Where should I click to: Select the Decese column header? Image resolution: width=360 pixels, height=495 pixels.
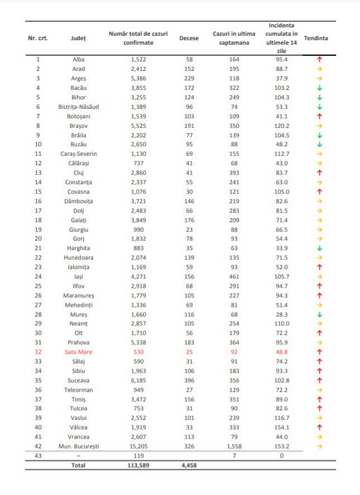pyautogui.click(x=188, y=39)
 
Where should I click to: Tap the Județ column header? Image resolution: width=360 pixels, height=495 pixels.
pyautogui.click(x=79, y=39)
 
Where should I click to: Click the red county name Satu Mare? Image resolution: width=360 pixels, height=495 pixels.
pyautogui.click(x=79, y=352)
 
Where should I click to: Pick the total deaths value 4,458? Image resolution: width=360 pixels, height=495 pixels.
pyautogui.click(x=188, y=465)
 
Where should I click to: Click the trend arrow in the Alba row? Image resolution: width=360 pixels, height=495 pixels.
pyautogui.click(x=320, y=59)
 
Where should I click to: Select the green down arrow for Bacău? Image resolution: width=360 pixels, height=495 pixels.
pyautogui.click(x=320, y=88)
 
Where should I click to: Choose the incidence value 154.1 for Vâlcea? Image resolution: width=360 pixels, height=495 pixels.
pyautogui.click(x=281, y=427)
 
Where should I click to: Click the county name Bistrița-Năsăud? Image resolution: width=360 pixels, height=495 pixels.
pyautogui.click(x=79, y=107)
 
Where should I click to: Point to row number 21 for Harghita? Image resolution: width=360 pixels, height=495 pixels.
pyautogui.click(x=38, y=248)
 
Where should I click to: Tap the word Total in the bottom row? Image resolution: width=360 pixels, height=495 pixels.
pyautogui.click(x=79, y=465)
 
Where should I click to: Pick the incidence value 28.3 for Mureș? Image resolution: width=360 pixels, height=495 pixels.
pyautogui.click(x=281, y=314)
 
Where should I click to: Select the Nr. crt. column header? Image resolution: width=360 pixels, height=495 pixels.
pyautogui.click(x=38, y=39)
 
